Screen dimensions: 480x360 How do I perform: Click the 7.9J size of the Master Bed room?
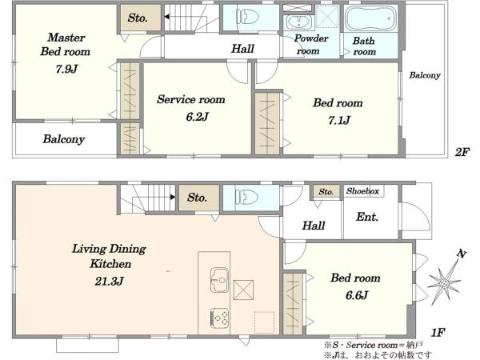point(66,69)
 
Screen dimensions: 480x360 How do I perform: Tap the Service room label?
point(191,99)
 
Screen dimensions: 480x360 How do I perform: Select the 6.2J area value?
point(197,117)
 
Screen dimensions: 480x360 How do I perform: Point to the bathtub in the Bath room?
point(370,18)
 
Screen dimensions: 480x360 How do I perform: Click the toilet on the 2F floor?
point(247,16)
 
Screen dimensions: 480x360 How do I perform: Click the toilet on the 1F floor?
point(246,197)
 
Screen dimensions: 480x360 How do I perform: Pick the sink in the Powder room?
point(298,22)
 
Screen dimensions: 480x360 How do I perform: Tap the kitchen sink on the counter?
point(219,280)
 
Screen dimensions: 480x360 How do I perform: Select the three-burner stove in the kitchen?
point(219,317)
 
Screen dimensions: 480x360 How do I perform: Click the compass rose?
point(444,282)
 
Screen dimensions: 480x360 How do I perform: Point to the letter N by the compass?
point(462,254)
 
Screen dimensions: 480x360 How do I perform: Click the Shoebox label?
point(362,191)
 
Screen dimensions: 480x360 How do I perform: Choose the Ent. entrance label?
point(367,217)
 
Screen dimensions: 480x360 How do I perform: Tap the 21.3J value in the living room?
point(109,281)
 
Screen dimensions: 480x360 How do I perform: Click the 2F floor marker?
point(462,152)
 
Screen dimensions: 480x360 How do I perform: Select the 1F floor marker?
point(438,332)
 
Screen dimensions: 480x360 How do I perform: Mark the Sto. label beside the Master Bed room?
point(138,18)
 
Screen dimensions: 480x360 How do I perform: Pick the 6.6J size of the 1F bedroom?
point(357,295)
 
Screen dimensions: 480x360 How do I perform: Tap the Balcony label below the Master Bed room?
point(64,139)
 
